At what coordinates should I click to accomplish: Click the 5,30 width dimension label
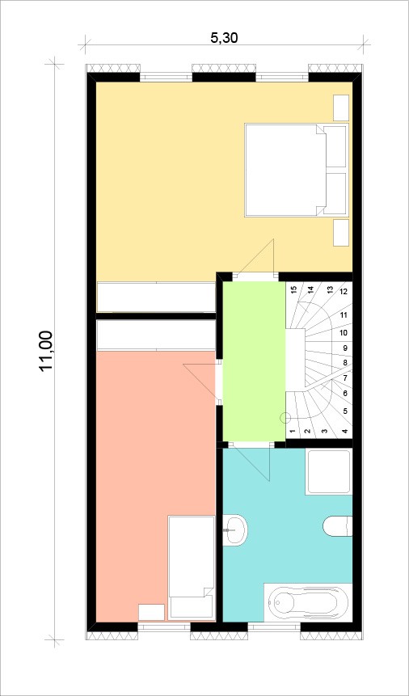point(224,38)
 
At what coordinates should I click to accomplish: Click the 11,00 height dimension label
point(46,351)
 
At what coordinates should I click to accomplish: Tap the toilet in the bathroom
point(338,526)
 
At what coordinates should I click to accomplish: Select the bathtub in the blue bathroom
point(308,602)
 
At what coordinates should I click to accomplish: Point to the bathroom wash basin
point(235,530)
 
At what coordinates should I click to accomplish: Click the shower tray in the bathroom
point(329,472)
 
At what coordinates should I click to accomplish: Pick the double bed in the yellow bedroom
point(296,171)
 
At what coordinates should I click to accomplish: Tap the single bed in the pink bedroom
point(192,567)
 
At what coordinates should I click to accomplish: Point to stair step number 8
point(345,363)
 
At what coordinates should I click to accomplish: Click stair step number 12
point(344,292)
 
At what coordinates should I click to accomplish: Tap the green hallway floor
point(254,361)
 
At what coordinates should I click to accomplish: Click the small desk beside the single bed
point(151,612)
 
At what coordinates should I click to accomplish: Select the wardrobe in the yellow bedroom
point(156,297)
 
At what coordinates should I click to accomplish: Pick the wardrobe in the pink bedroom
point(156,335)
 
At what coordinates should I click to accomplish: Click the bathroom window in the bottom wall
point(274,626)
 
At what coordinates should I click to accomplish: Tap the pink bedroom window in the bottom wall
point(164,626)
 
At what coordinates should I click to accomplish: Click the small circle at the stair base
point(285,417)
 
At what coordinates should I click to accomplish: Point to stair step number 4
point(345,431)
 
